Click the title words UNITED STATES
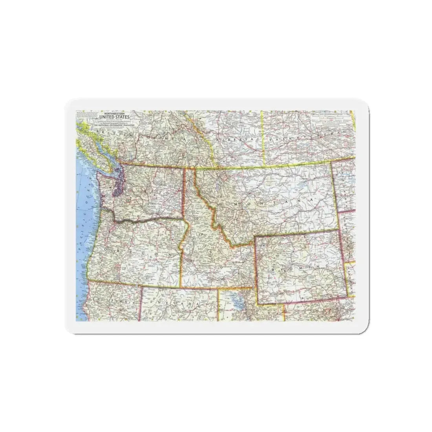tap(113, 116)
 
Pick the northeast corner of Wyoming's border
tap(339, 231)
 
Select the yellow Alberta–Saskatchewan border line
tap(263, 137)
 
